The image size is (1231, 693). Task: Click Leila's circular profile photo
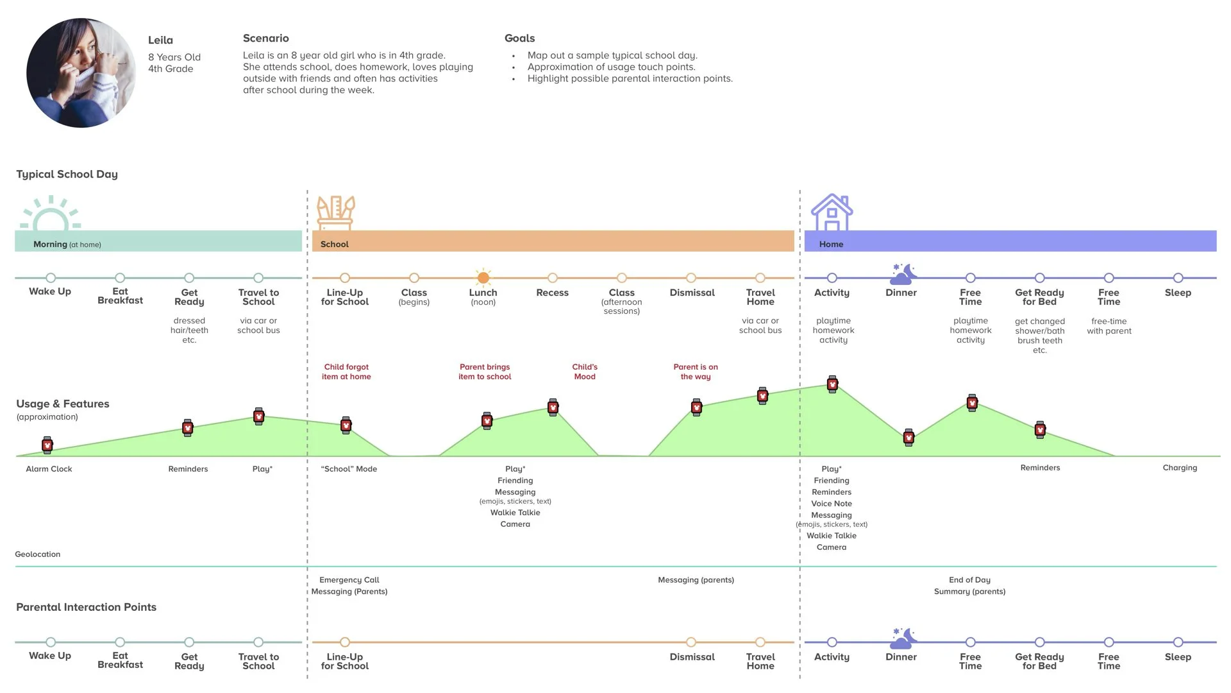81,73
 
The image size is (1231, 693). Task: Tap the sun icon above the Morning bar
51,214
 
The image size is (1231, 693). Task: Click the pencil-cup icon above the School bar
335,213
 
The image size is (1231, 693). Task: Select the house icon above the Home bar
832,212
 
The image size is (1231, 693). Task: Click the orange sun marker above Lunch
483,277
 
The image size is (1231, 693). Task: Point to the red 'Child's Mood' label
585,372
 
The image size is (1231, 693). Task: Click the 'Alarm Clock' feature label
49,469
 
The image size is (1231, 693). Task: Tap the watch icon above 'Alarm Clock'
47,445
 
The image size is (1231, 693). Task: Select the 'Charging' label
1180,468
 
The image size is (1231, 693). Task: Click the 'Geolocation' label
38,554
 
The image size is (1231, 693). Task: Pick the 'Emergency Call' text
349,580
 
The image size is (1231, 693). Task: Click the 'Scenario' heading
265,38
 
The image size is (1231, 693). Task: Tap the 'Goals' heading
519,38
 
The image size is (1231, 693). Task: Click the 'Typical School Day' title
67,175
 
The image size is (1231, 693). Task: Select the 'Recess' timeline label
552,293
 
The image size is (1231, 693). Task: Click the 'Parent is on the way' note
696,372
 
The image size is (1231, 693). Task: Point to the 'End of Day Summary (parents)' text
969,586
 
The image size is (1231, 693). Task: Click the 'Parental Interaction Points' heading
86,607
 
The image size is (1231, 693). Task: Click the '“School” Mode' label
349,469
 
